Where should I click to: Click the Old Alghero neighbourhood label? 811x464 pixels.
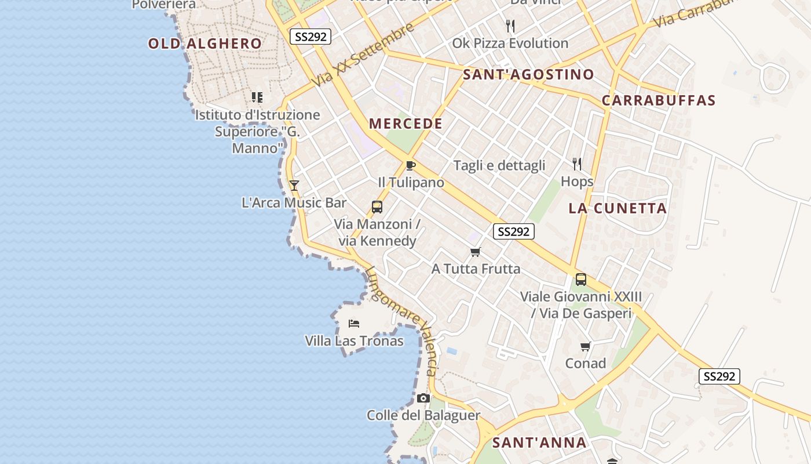tap(205, 43)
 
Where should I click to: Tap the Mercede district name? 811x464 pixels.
tap(405, 124)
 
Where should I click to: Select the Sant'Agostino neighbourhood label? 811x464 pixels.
tap(528, 74)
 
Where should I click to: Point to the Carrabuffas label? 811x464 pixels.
tap(659, 100)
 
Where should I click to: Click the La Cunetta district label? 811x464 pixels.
tap(618, 208)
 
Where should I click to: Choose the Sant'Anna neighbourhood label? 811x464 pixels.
tap(539, 443)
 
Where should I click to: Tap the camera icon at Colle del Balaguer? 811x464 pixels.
tap(423, 398)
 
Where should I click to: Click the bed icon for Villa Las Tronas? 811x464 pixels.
tap(354, 323)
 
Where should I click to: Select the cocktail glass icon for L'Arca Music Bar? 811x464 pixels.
tap(294, 186)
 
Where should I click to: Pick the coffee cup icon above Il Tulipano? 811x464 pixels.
tap(411, 165)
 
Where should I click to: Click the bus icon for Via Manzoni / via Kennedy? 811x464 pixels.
tap(377, 207)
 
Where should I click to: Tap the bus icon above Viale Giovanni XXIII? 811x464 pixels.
tap(581, 280)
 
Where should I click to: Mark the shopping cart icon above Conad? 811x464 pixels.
tap(586, 347)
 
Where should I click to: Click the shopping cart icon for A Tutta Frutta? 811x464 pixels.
tap(476, 252)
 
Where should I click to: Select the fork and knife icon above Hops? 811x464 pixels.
tap(577, 164)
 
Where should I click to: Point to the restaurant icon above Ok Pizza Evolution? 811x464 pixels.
tap(510, 26)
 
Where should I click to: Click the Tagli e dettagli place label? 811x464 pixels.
tap(499, 165)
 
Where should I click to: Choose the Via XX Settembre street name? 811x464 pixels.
tap(363, 55)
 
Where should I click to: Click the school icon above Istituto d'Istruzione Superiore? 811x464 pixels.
tap(257, 97)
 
